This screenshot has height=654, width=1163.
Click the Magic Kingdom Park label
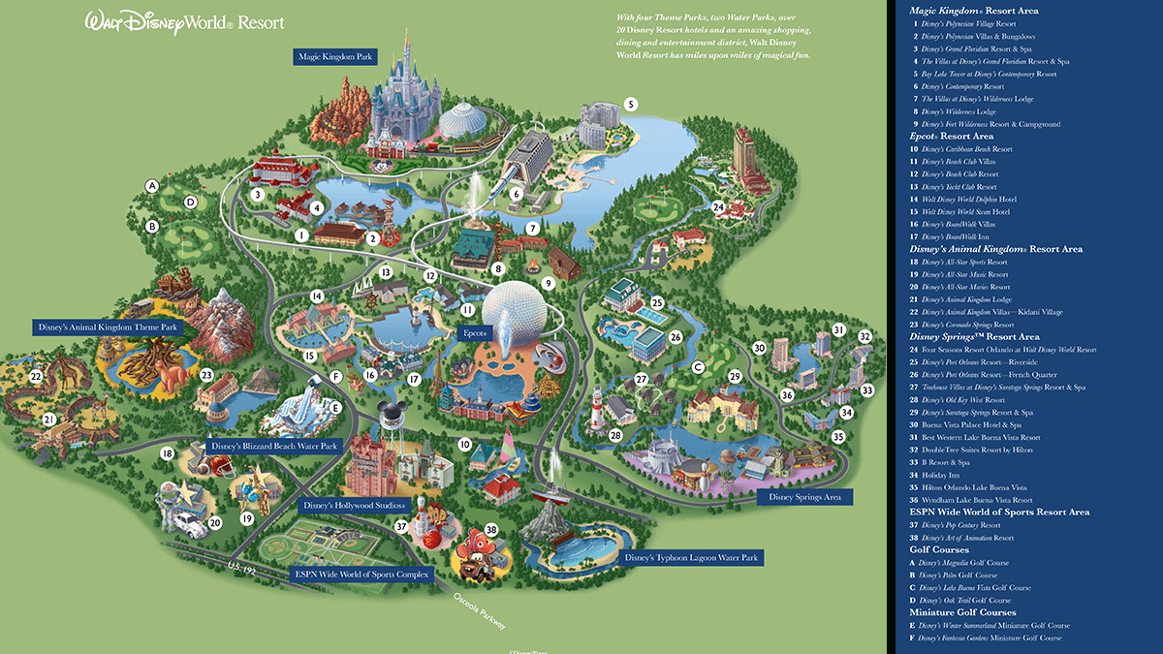(x=335, y=57)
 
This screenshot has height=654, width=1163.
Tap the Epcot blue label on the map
(x=475, y=332)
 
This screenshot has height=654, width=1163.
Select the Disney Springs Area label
(x=803, y=497)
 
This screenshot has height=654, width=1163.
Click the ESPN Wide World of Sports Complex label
(x=361, y=574)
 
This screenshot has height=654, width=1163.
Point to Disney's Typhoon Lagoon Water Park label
(x=691, y=558)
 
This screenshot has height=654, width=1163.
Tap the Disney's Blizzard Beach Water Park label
(x=273, y=447)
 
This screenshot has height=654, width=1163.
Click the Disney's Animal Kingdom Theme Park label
(x=108, y=328)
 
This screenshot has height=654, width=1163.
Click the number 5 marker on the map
(x=631, y=105)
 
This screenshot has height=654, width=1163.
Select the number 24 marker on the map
(x=718, y=206)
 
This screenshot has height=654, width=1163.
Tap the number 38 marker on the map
(x=491, y=530)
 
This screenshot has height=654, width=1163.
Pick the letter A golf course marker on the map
(x=151, y=185)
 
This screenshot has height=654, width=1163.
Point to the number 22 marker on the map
(x=37, y=377)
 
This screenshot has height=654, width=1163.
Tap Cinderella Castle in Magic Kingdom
(x=403, y=92)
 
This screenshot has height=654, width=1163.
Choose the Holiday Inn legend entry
(x=940, y=475)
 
